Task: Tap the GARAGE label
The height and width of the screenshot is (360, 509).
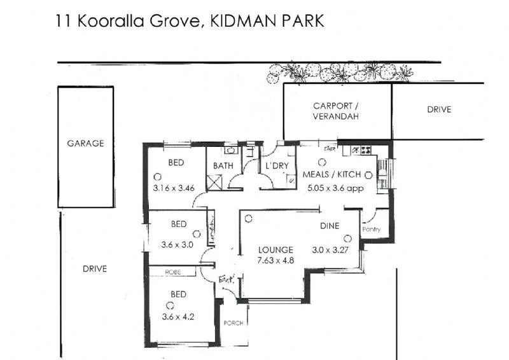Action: click(x=85, y=144)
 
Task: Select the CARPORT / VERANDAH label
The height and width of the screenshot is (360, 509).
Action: click(x=336, y=111)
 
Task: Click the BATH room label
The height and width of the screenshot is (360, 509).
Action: click(x=223, y=166)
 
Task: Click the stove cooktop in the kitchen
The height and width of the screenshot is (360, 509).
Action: click(x=366, y=151)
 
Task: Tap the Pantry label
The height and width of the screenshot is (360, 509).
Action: click(x=371, y=229)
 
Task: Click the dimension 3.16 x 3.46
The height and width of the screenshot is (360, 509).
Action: click(x=174, y=188)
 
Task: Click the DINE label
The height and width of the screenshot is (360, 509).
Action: click(x=330, y=226)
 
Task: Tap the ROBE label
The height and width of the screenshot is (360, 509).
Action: click(x=173, y=272)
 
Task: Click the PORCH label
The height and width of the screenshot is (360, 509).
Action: click(x=234, y=323)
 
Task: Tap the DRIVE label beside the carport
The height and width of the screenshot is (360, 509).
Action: click(x=438, y=109)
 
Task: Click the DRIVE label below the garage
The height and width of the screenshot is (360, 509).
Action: click(x=95, y=269)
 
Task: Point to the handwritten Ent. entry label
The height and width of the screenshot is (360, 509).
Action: click(x=227, y=279)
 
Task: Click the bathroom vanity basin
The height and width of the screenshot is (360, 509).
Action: click(x=231, y=151)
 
